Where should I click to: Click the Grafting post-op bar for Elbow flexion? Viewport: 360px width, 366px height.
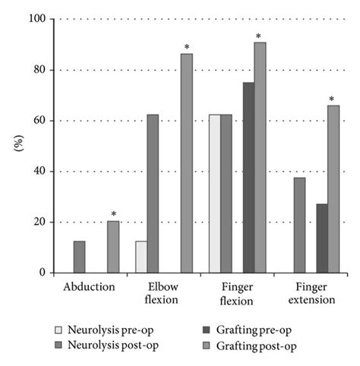[186, 163]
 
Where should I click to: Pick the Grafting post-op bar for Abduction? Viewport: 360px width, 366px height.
[113, 247]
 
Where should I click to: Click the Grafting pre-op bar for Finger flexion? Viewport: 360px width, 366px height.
[248, 178]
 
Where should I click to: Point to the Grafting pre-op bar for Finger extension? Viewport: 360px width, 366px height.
[322, 238]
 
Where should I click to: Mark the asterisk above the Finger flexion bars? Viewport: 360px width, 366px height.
[258, 36]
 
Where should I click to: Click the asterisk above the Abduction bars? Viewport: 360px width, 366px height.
[113, 214]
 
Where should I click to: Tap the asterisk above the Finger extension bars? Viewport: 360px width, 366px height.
[331, 99]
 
